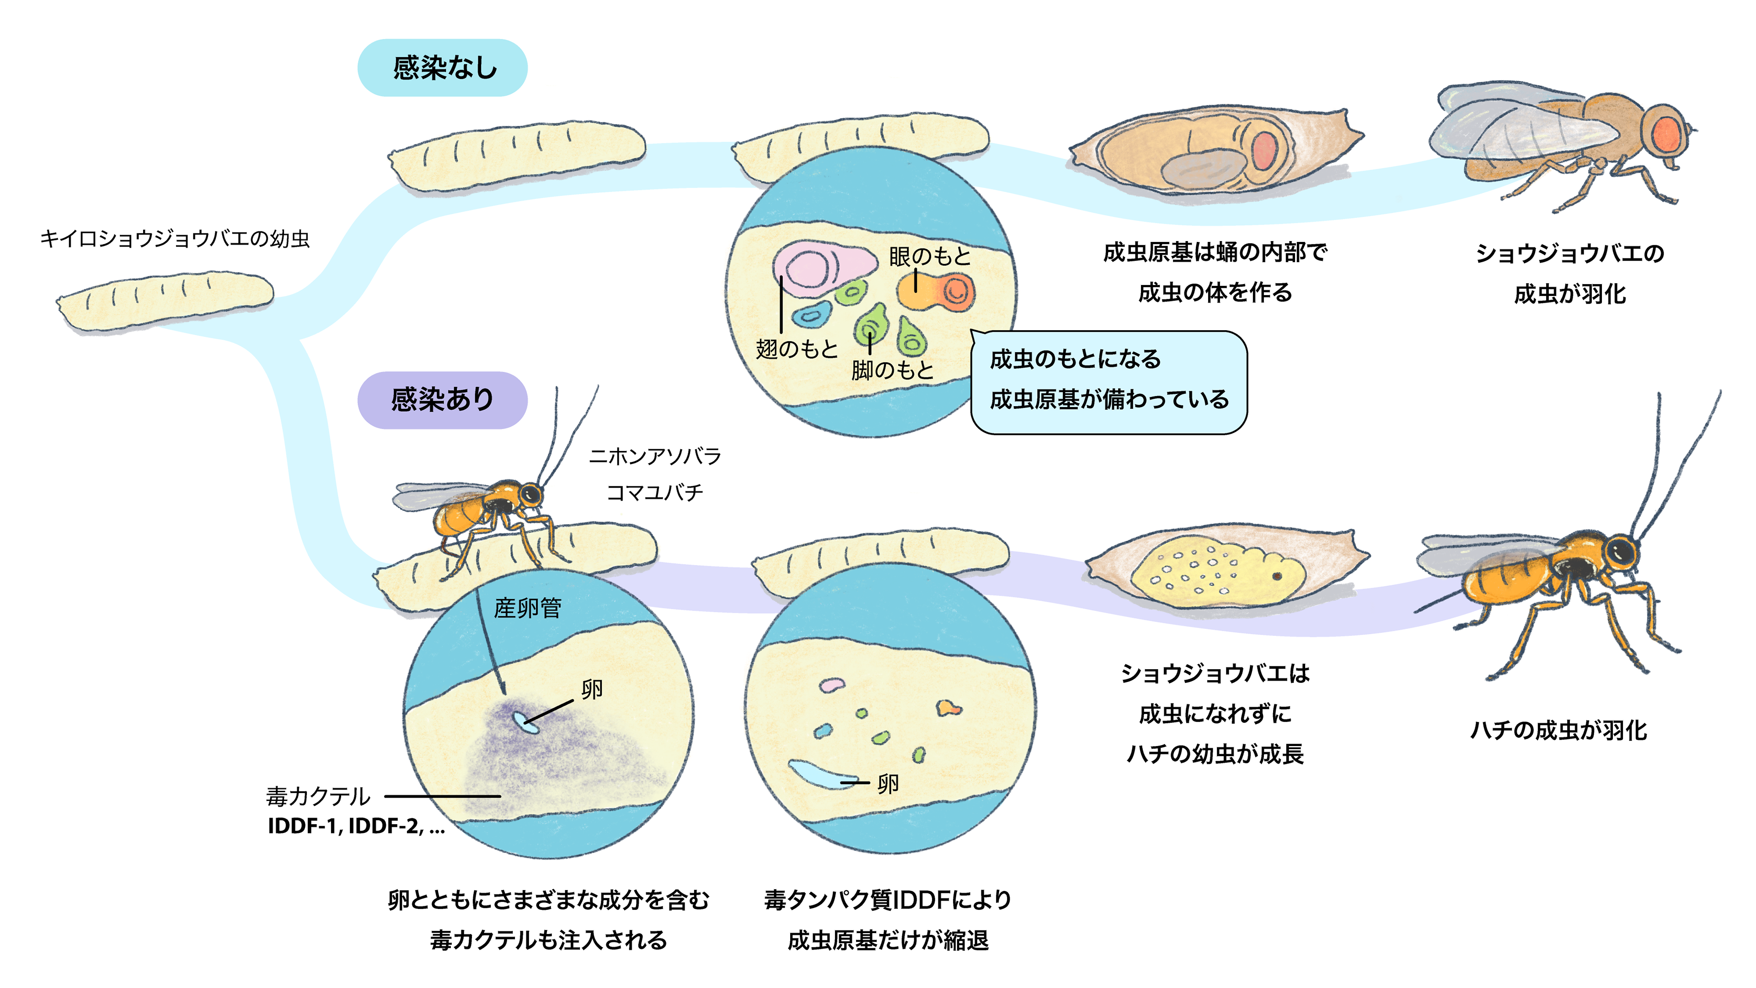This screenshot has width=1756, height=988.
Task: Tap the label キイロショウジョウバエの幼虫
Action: [x=175, y=239]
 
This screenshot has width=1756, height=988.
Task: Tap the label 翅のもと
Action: [x=796, y=349]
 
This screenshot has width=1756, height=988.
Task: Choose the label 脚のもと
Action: [x=892, y=370]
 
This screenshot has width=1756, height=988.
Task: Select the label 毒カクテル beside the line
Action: [x=318, y=796]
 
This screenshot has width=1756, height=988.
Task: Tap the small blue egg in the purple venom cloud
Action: [x=525, y=723]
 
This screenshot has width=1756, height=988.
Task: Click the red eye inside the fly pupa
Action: [x=1264, y=150]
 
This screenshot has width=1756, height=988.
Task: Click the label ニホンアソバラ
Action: [x=654, y=456]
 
